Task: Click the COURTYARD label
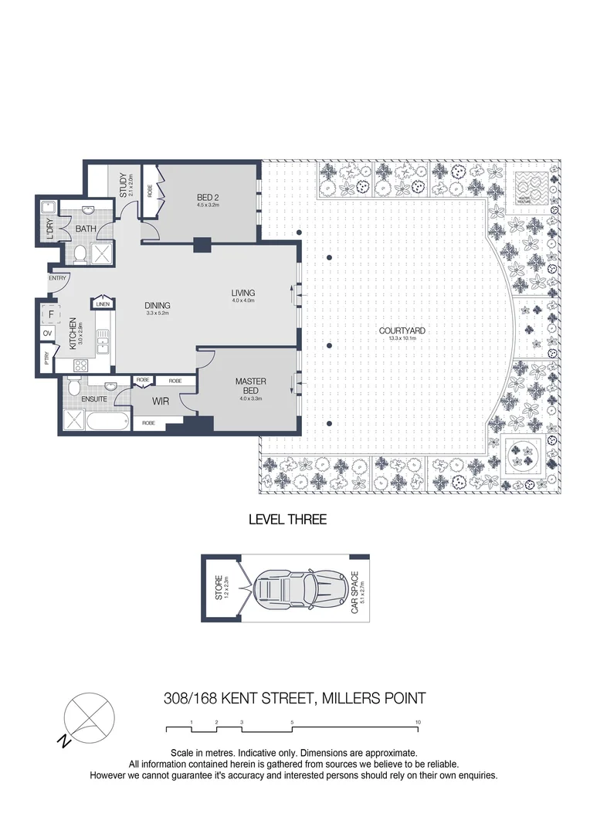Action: tap(402, 331)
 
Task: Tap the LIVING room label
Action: tap(242, 293)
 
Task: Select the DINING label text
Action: tap(157, 305)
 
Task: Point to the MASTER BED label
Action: tap(251, 386)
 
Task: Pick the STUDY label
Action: tap(124, 183)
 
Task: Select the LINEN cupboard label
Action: tap(103, 304)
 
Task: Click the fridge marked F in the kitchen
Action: tap(53, 314)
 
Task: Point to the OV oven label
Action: tap(47, 334)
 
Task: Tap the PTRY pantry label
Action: tap(47, 358)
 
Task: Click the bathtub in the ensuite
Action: tap(108, 422)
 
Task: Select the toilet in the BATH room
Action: tap(79, 253)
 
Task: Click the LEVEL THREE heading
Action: tap(287, 520)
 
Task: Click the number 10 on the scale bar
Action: tap(418, 722)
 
